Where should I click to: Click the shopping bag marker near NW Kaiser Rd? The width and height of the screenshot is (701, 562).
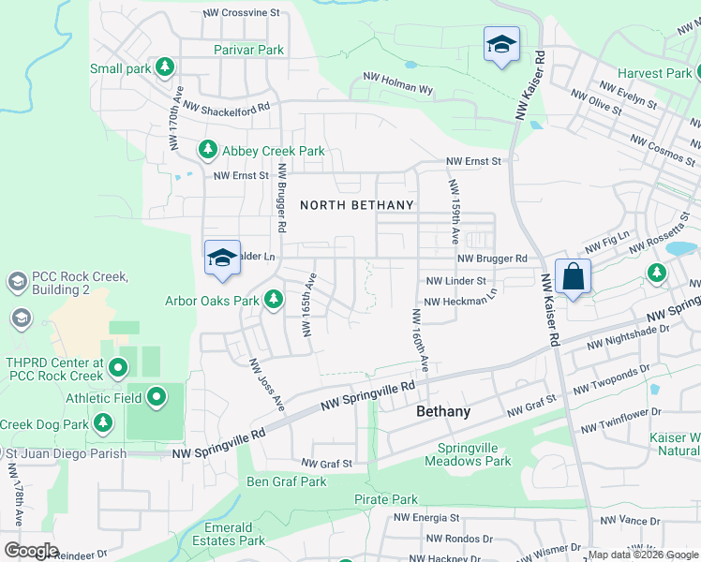click(573, 277)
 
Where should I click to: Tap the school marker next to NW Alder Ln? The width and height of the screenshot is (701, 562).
click(222, 259)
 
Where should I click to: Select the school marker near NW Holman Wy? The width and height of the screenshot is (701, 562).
click(501, 44)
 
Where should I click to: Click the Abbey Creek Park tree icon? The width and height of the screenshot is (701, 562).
click(207, 150)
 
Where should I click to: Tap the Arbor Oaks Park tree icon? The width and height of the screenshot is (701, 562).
click(273, 300)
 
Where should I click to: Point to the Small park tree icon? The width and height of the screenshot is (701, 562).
click(165, 67)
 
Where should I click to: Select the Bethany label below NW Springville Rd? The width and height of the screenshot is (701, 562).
click(443, 411)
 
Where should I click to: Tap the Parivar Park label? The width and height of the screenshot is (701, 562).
click(248, 49)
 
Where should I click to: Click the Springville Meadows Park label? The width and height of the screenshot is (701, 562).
click(468, 454)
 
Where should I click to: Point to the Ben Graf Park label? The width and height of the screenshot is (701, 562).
click(286, 481)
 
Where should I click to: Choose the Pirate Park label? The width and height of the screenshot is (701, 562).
click(386, 499)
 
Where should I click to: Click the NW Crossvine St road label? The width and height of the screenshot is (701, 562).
click(242, 13)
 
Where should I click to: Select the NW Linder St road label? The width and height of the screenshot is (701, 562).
click(456, 281)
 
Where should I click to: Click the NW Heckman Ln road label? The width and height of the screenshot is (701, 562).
click(460, 300)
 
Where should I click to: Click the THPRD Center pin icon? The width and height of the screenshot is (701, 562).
click(117, 369)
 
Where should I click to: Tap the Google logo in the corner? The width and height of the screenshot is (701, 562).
click(30, 551)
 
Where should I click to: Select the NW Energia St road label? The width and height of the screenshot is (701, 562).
click(426, 517)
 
